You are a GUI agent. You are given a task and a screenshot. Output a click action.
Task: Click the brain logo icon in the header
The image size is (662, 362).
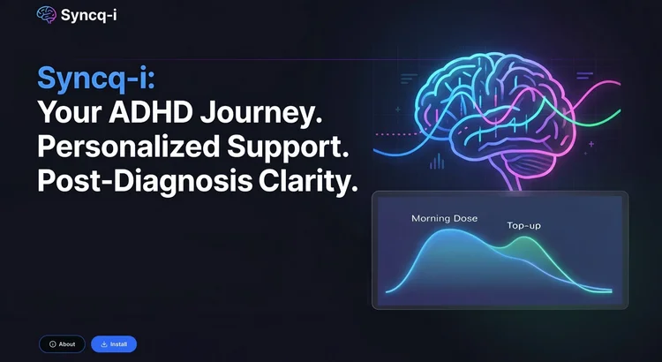pyautogui.click(x=47, y=15)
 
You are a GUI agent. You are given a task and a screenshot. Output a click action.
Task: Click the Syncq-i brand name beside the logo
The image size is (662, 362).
pyautogui.click(x=88, y=15)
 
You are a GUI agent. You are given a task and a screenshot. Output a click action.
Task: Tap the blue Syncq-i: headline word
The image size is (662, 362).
pyautogui.click(x=96, y=79)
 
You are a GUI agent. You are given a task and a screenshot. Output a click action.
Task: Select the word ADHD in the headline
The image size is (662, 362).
pyautogui.click(x=152, y=112)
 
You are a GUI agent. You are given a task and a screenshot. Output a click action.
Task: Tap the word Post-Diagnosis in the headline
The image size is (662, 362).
pyautogui.click(x=145, y=183)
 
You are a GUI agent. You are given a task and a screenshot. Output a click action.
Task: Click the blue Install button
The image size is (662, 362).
pyautogui.click(x=114, y=344)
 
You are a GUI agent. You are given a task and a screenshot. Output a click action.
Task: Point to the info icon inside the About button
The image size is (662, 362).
pyautogui.click(x=53, y=344)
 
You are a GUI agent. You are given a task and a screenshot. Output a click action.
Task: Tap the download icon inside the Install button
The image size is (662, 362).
pyautogui.click(x=104, y=344)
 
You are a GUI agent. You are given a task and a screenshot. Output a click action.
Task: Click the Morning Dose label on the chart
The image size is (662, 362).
pyautogui.click(x=445, y=218)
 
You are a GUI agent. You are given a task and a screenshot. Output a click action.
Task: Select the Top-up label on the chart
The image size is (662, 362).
pyautogui.click(x=524, y=226)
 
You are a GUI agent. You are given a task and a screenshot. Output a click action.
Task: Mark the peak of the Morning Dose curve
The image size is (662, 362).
pyautogui.click(x=450, y=230)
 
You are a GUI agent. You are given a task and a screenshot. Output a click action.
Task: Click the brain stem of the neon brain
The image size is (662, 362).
pyautogui.click(x=516, y=181)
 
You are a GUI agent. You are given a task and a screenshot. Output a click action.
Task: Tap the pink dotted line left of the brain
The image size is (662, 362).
pyautogui.click(x=398, y=134)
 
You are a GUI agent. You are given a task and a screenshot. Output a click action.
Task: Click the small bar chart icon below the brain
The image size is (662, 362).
pyautogui.click(x=437, y=162)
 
